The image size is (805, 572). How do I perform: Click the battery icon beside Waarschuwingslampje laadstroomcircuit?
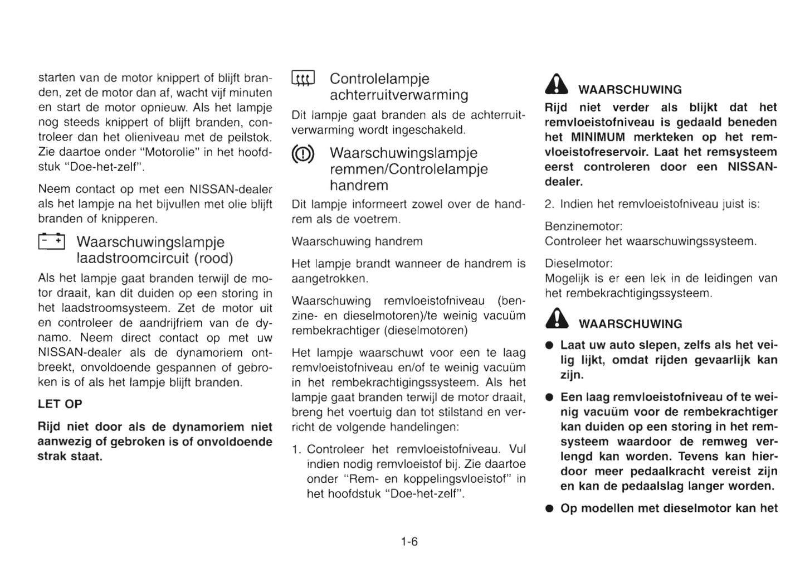tap(51, 241)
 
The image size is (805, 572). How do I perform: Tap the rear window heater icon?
tap(303, 79)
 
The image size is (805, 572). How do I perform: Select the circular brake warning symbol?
tap(303, 154)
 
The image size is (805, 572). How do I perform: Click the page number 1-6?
tap(409, 541)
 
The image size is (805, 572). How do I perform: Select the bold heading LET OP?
tap(60, 404)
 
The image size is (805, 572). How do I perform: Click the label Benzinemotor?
tap(583, 226)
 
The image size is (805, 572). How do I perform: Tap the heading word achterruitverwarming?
tap(399, 95)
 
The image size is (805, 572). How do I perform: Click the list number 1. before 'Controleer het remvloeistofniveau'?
tap(296, 449)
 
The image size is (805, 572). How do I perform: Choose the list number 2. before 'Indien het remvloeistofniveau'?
tap(549, 204)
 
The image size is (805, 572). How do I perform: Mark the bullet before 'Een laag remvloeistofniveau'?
tap(549, 398)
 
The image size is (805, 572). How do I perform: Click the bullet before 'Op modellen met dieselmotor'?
tap(549, 508)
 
